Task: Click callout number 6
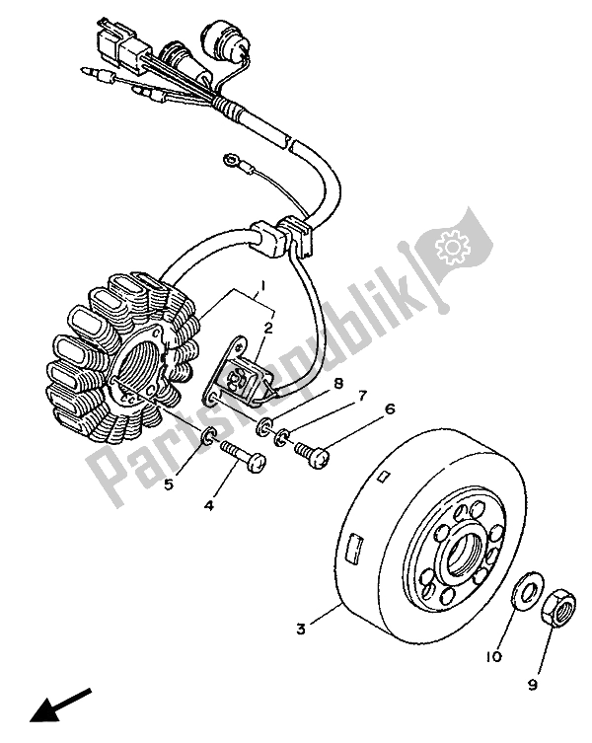click(x=362, y=409)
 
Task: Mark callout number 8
click(x=309, y=384)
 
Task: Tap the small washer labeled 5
click(x=209, y=438)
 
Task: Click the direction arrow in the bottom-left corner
click(x=48, y=705)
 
